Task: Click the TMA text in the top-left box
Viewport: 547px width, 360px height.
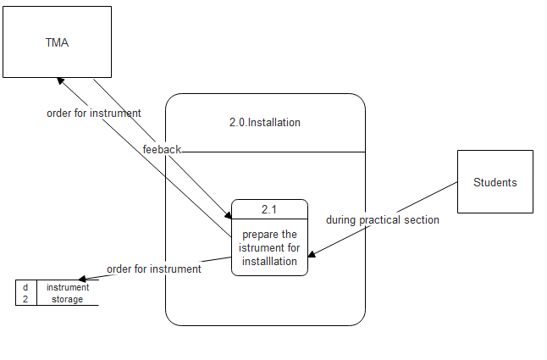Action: click(57, 42)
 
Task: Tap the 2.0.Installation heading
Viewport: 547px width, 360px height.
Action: click(264, 122)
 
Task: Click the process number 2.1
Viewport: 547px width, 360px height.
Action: click(269, 208)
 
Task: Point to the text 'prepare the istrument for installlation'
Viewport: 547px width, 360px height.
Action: click(269, 247)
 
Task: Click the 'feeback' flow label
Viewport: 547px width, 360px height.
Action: click(162, 149)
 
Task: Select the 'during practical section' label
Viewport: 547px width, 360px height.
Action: click(383, 219)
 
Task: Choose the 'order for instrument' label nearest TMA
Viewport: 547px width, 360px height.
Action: click(93, 113)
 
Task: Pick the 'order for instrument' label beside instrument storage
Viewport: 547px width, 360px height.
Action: click(153, 269)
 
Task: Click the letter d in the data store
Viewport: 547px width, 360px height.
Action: click(25, 287)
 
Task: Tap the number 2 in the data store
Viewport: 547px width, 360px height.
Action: click(25, 299)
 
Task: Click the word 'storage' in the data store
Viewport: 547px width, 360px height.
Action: click(67, 299)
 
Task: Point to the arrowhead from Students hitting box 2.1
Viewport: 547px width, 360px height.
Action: click(312, 254)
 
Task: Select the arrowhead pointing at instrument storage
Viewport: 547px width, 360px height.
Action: click(82, 279)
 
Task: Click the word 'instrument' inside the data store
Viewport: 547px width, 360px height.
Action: click(67, 287)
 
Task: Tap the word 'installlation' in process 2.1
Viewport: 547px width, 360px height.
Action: click(269, 261)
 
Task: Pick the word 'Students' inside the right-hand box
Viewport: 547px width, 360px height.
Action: click(495, 182)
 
